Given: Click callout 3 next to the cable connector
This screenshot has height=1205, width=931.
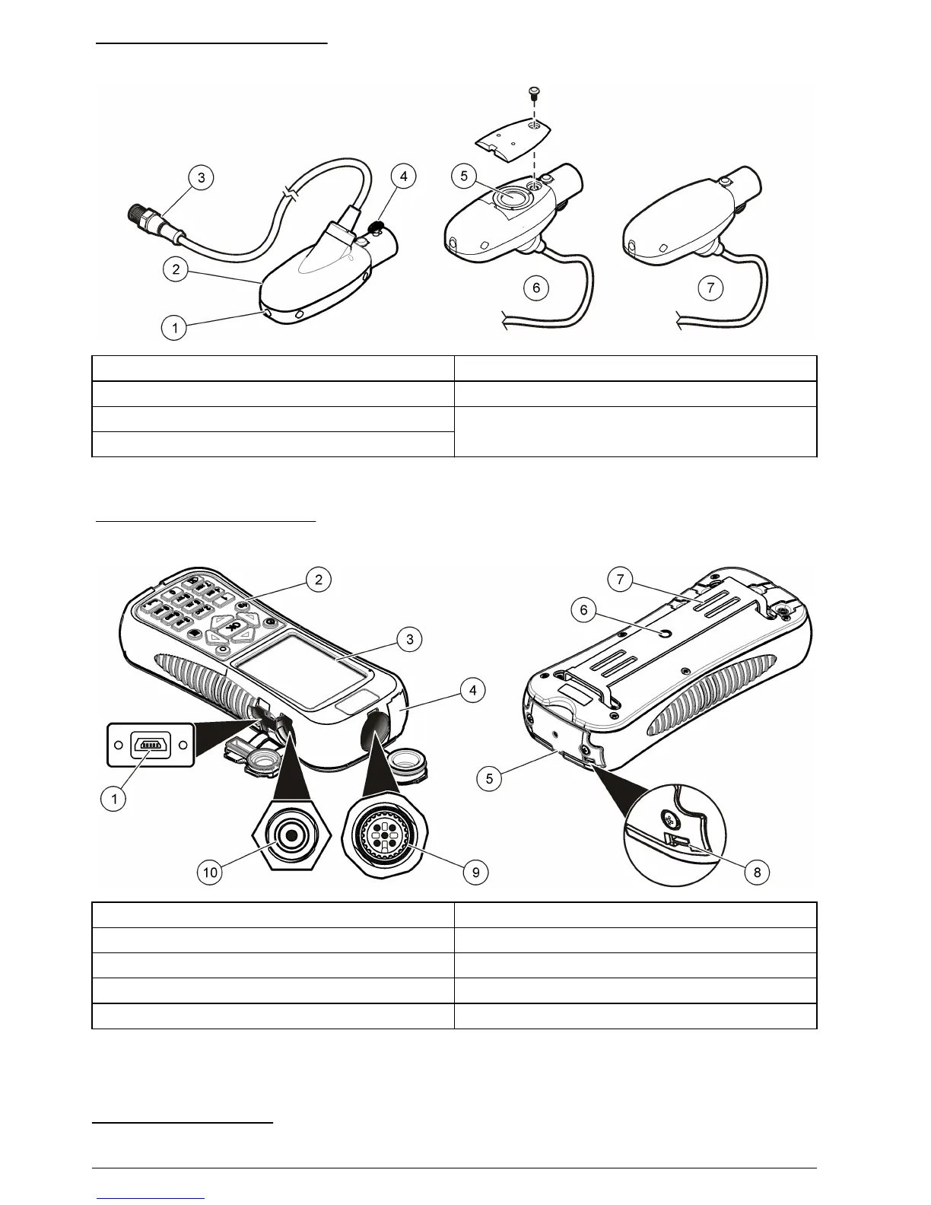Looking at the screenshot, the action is [202, 178].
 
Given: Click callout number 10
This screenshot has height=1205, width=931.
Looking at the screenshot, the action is [211, 872].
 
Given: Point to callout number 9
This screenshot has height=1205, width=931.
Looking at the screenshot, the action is [476, 872].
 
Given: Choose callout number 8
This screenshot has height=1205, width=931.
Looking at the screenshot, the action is [757, 872].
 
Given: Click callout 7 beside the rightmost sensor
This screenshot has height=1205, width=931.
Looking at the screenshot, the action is [710, 288].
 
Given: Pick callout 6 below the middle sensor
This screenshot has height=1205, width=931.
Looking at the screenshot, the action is [537, 288].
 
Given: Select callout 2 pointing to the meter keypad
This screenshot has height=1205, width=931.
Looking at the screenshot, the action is [319, 579].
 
